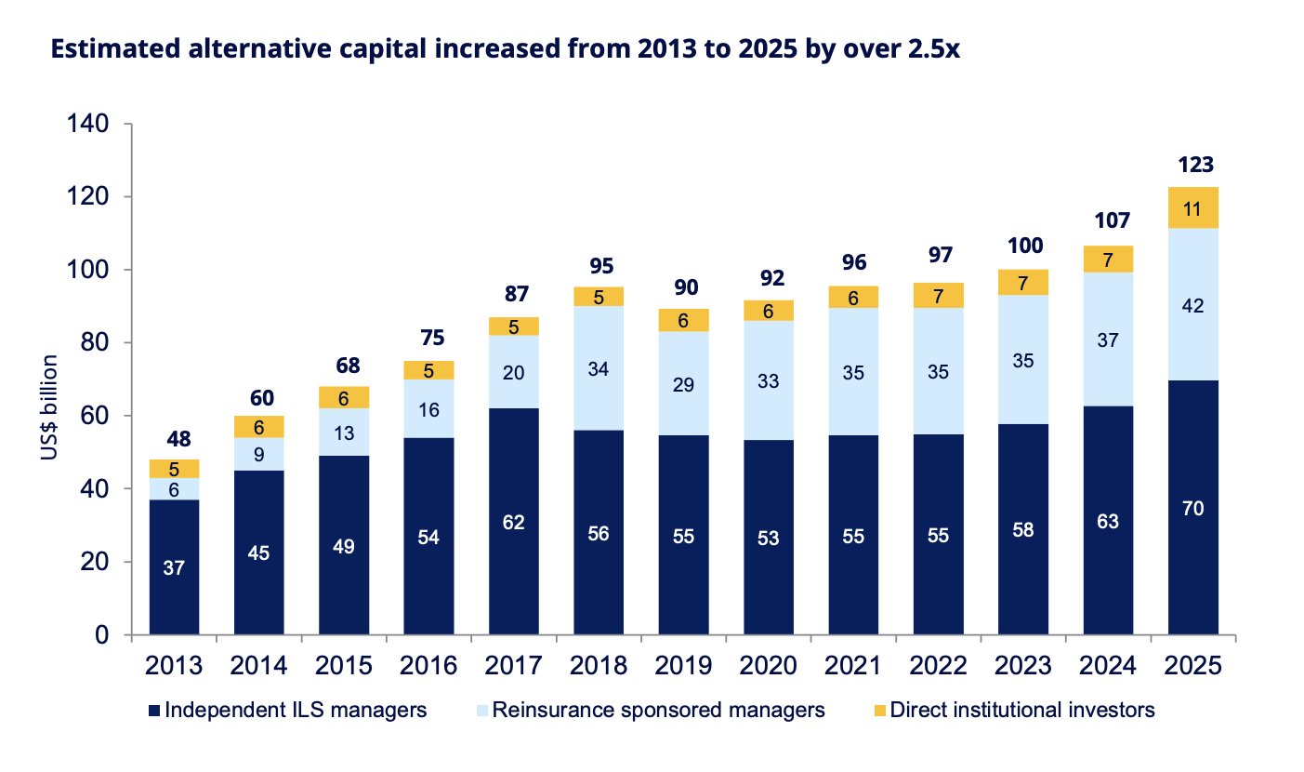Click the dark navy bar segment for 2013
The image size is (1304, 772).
pyautogui.click(x=174, y=567)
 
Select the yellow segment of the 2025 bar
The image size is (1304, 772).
pyautogui.click(x=1192, y=208)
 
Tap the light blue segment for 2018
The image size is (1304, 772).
pyautogui.click(x=599, y=368)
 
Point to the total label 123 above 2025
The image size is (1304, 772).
pyautogui.click(x=1196, y=165)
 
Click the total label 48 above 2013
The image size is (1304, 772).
pyautogui.click(x=178, y=439)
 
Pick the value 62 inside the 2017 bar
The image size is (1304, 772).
pyautogui.click(x=513, y=522)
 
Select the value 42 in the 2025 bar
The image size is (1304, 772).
pyautogui.click(x=1192, y=306)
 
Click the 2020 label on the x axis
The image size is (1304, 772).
pyautogui.click(x=768, y=665)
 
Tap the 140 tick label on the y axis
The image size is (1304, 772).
pyautogui.click(x=88, y=124)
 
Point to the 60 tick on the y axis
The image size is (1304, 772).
pyautogui.click(x=95, y=416)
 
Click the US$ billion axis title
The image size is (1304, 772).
pyautogui.click(x=49, y=407)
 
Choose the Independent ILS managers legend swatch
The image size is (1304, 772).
pyautogui.click(x=154, y=711)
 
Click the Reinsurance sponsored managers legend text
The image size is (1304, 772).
pyautogui.click(x=658, y=711)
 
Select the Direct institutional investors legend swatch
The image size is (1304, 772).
pyautogui.click(x=879, y=711)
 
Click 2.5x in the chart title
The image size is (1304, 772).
pyautogui.click(x=934, y=48)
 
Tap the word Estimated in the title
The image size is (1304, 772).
pyautogui.click(x=116, y=48)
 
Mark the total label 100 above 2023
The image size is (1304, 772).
pyautogui.click(x=1025, y=246)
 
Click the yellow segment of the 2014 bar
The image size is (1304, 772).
pyautogui.click(x=259, y=427)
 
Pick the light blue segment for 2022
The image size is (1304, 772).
pyautogui.click(x=939, y=371)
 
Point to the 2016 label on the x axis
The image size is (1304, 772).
pyautogui.click(x=428, y=665)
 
